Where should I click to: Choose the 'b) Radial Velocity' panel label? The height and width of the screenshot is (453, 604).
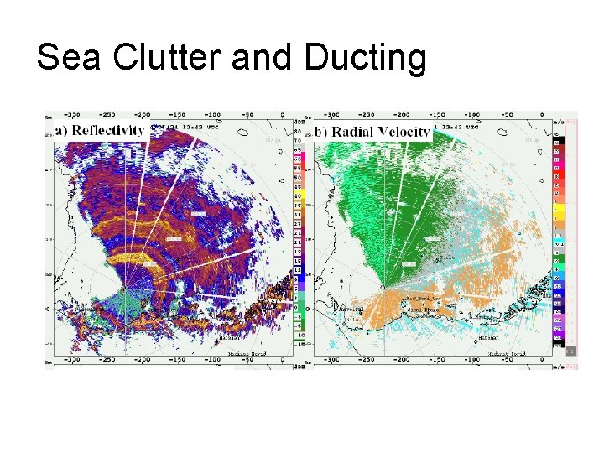point(372,131)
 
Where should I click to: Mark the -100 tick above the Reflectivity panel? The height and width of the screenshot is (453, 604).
point(212,115)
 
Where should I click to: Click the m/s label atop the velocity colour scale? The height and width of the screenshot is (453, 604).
point(559,122)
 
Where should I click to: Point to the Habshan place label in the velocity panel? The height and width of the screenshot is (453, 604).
point(487,337)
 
